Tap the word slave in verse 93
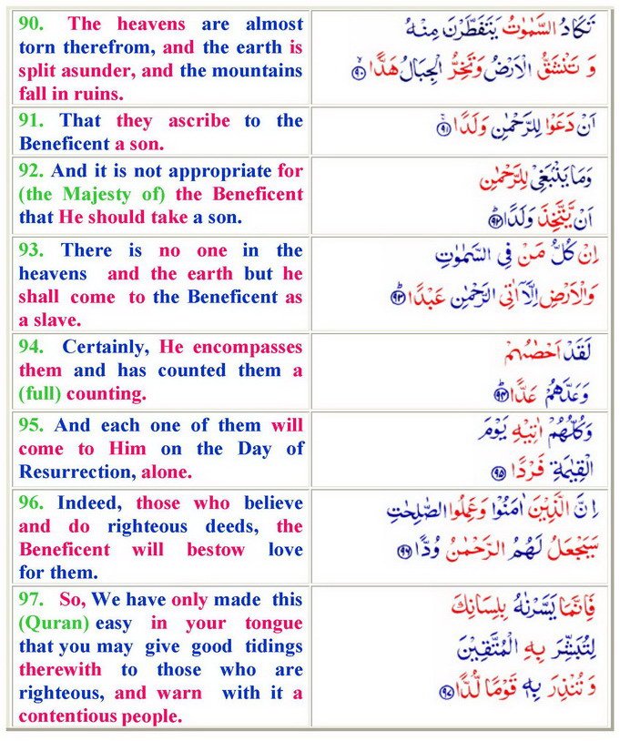click(x=54, y=320)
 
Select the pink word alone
click(x=168, y=471)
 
